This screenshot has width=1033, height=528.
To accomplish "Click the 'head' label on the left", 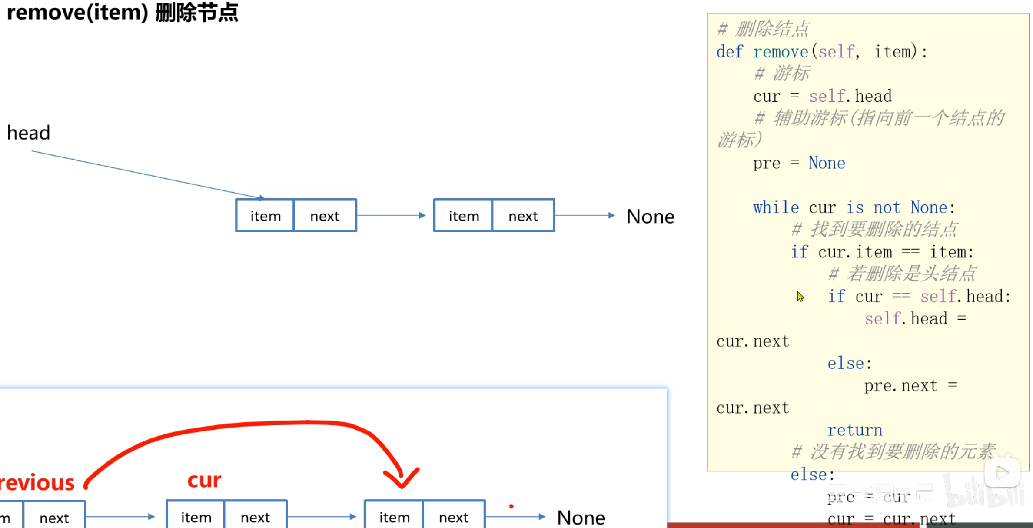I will (29, 133).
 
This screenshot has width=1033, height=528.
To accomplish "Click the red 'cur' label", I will (204, 480).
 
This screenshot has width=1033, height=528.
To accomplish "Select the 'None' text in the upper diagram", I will (650, 217).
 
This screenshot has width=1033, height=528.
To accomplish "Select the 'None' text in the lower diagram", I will (581, 518).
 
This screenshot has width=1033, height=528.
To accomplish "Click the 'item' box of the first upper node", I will (265, 216).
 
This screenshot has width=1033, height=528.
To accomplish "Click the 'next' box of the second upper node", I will (523, 216).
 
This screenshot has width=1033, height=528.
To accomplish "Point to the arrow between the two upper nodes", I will (391, 215).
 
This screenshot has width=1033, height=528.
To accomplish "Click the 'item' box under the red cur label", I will (196, 517).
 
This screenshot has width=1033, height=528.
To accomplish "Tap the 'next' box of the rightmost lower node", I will (454, 517).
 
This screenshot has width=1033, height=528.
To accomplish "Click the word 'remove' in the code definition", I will (781, 52).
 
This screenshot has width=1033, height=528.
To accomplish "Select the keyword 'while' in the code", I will (776, 207).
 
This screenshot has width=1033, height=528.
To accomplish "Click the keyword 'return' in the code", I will (854, 430).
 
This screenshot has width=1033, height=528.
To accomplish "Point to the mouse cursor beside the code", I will (800, 296).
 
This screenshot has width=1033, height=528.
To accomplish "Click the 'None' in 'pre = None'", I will (827, 163).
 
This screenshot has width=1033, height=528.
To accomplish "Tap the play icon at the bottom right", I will (1002, 473).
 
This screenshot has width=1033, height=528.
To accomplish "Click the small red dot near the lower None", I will (512, 506).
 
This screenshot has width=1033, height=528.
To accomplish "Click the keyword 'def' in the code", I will (730, 52).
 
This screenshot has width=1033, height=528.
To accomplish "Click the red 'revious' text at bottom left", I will (37, 483).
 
